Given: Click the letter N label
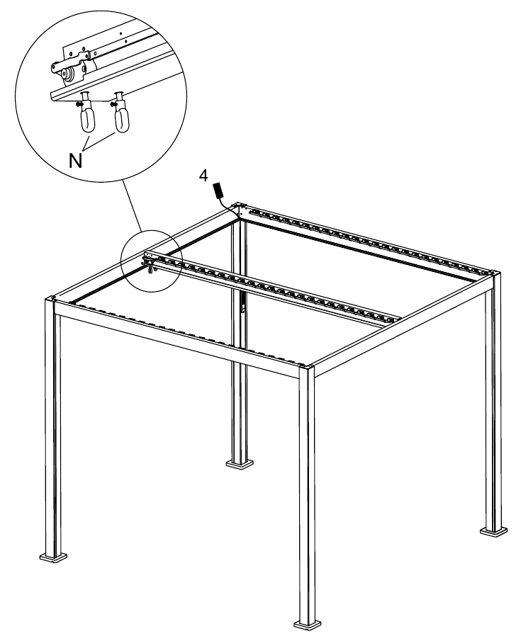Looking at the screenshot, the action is click(x=76, y=161).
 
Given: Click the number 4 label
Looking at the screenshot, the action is click(x=203, y=176).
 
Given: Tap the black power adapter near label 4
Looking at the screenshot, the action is click(x=218, y=191).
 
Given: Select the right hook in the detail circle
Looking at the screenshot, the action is click(x=121, y=113).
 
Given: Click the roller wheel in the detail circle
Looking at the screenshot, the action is click(x=65, y=74).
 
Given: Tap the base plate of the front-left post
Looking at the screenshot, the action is click(x=54, y=557).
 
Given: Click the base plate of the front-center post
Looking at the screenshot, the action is click(x=308, y=625).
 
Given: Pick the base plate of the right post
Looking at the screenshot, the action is click(x=493, y=531).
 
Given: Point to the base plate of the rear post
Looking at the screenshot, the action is click(x=240, y=462).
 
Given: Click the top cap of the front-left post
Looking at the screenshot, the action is click(x=50, y=299).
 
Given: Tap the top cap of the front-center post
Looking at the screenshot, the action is click(x=306, y=368).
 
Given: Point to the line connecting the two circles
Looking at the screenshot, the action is click(x=132, y=205).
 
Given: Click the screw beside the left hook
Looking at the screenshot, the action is click(x=80, y=105).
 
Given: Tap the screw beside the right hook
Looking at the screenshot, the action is click(x=113, y=104).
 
